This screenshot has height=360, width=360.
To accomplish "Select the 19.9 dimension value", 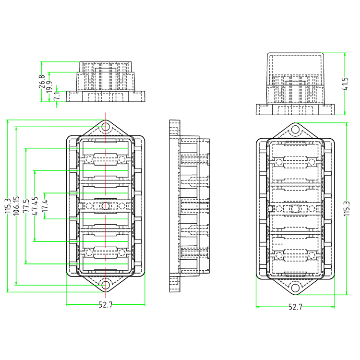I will pos(49,87).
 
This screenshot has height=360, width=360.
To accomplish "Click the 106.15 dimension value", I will pos(16,206).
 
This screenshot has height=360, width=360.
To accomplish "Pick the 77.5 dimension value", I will pos(26,206).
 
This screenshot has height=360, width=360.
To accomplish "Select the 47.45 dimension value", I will pos(35,206).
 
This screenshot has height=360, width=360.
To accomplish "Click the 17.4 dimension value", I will pos(45,206).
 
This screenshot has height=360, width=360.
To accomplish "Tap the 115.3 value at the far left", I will pos(7,206).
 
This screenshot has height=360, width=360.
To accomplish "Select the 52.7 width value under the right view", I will pos(295,307).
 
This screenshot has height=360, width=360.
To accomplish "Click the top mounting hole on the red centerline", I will pos(105,128).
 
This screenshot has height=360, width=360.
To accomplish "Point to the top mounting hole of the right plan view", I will pos(296,130).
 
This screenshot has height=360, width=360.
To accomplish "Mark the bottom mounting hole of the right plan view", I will pos(296,288).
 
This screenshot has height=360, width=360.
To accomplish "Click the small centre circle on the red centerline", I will pos(105,206).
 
